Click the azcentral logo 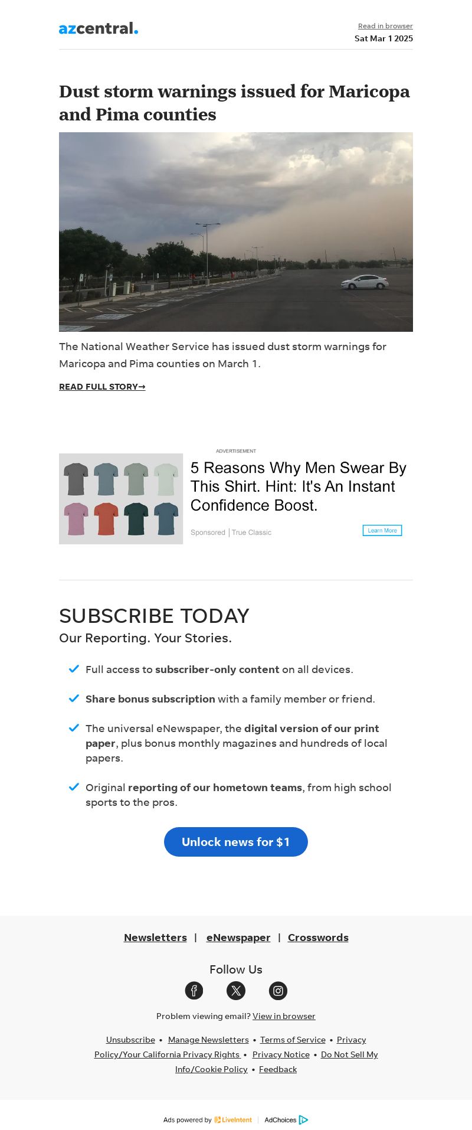[98, 28]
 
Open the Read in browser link [385, 26]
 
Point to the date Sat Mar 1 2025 [383, 38]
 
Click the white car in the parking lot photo [365, 282]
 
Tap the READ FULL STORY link [102, 387]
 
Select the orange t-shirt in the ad [106, 519]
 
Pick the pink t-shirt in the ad [76, 519]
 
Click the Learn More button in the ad [382, 530]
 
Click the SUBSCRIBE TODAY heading [154, 616]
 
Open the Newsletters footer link [155, 938]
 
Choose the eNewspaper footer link [238, 938]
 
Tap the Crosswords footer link [318, 938]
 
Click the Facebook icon [194, 991]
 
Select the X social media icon [236, 991]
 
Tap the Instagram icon [278, 991]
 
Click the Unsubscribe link [130, 1040]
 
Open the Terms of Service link [293, 1040]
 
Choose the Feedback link [278, 1069]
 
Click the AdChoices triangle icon [303, 1120]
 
